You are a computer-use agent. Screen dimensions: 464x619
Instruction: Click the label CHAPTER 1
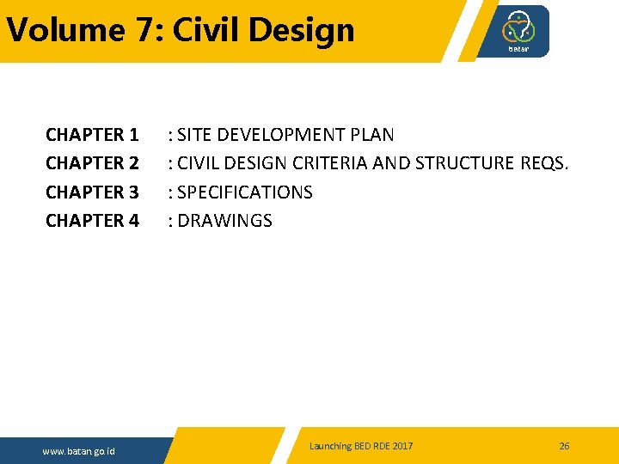point(92,135)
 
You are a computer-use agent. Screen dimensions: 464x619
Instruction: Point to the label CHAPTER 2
point(92,163)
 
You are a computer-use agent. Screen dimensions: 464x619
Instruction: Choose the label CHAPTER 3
point(92,192)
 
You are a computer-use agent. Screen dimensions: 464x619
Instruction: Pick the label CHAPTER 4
point(92,221)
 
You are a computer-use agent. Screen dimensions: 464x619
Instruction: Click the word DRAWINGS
point(224,221)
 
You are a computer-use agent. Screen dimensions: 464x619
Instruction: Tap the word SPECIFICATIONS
point(244,192)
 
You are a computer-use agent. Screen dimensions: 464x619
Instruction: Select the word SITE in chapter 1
point(194,135)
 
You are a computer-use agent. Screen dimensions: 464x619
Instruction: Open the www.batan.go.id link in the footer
point(80,451)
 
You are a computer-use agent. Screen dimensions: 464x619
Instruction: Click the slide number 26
point(564,446)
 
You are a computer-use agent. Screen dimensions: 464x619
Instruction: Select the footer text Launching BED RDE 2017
point(361,446)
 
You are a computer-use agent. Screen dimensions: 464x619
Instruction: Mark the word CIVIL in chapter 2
point(199,163)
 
